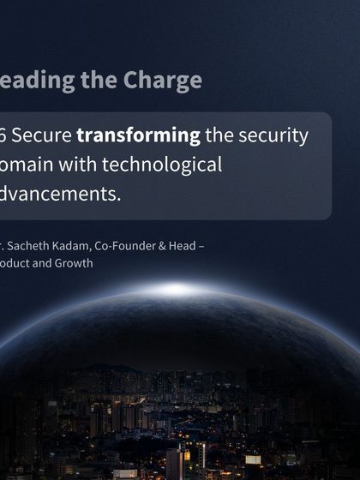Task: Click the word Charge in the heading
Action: coord(163,80)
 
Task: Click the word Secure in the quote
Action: coord(42,135)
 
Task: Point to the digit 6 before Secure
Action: coord(4,135)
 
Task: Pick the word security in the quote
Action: coord(273,135)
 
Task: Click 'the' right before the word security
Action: coord(219,135)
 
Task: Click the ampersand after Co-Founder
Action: coord(159,247)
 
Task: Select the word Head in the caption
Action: coord(180,247)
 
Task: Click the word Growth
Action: coord(75,263)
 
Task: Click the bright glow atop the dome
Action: coord(178,289)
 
